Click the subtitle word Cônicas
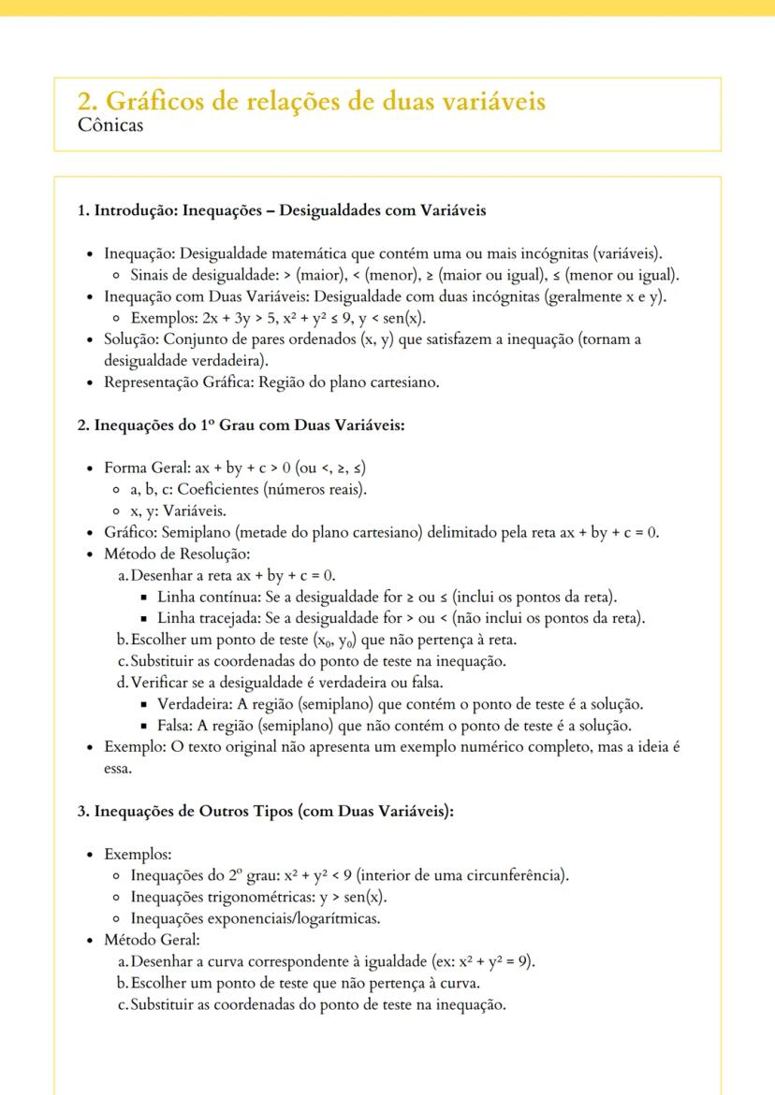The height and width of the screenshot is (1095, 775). point(111,125)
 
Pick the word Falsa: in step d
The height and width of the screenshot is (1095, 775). point(177,726)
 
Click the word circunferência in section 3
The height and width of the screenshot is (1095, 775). point(518,876)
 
